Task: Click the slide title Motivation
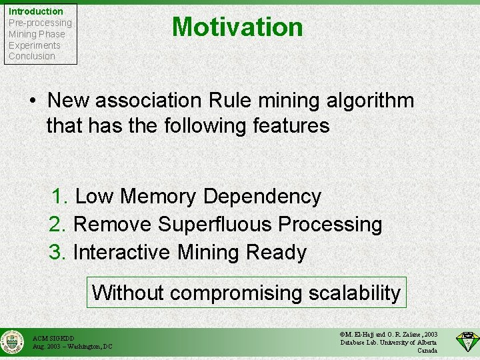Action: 237,27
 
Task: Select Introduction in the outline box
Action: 36,11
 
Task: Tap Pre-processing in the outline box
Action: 40,23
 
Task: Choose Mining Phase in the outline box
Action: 37,34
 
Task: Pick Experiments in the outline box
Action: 35,45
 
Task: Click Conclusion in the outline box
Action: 32,56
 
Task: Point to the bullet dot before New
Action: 33,101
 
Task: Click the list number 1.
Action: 61,197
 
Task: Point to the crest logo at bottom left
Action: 11,342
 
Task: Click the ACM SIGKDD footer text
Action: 54,338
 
